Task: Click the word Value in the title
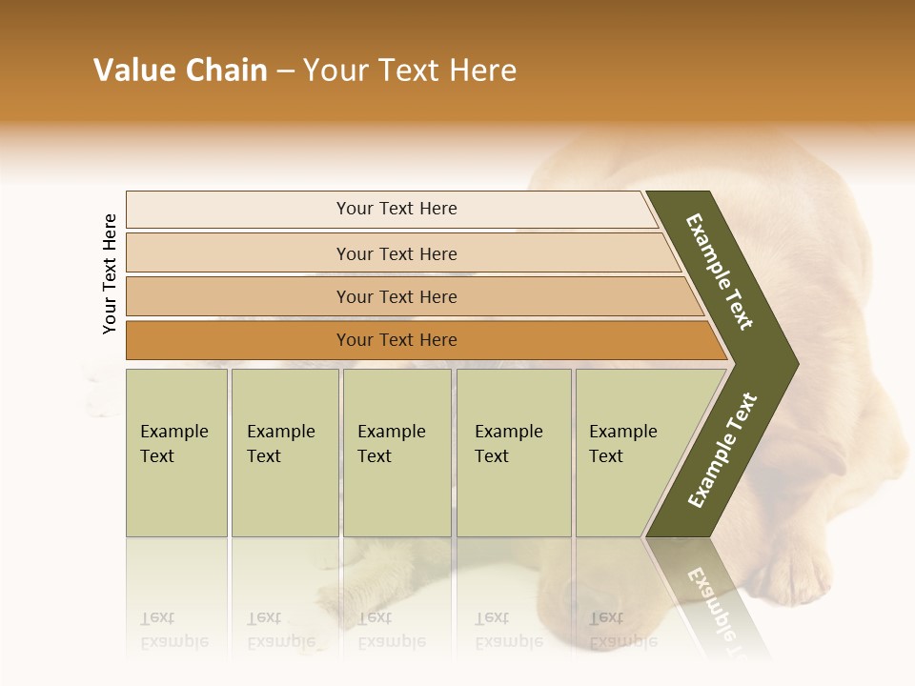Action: point(134,71)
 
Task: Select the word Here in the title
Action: point(482,71)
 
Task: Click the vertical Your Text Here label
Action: point(110,273)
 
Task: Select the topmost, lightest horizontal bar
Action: point(391,210)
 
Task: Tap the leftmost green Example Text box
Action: point(176,453)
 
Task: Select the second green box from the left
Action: point(285,453)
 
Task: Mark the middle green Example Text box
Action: point(396,453)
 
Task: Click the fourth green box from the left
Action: point(514,453)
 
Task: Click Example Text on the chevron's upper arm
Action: point(720,272)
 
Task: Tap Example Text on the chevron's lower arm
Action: point(722,450)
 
